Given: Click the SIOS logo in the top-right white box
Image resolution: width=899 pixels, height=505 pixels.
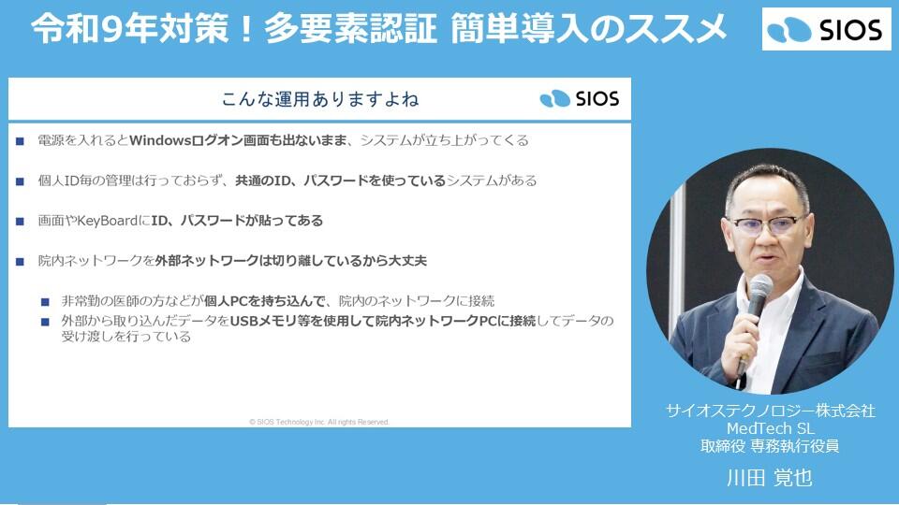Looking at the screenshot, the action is tap(826, 29).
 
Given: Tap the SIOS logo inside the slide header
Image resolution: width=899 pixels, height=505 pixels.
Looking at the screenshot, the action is tap(579, 98).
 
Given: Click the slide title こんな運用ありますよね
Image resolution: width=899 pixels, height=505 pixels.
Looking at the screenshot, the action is tap(320, 99).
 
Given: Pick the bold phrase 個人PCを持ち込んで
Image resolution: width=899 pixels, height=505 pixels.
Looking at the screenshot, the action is tap(265, 300).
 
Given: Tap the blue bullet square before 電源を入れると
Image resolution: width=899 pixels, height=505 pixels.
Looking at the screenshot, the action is tap(20, 141).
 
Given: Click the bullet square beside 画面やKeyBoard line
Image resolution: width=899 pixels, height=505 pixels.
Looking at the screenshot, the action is tap(20, 221).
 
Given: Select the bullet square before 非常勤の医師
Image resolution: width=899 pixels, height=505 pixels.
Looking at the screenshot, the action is tap(45, 301).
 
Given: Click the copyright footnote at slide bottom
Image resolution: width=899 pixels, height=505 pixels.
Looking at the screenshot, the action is tap(319, 422).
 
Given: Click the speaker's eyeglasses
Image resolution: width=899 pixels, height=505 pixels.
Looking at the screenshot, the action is tap(767, 224).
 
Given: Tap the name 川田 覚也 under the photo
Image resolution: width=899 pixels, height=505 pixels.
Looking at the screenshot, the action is tap(770, 478).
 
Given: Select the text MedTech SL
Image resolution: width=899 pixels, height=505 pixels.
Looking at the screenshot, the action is tap(770, 428).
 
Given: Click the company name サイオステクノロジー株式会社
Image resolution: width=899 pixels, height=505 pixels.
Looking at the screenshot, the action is tap(770, 411).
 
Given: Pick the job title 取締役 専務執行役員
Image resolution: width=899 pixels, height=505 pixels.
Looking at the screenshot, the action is tap(770, 445).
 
